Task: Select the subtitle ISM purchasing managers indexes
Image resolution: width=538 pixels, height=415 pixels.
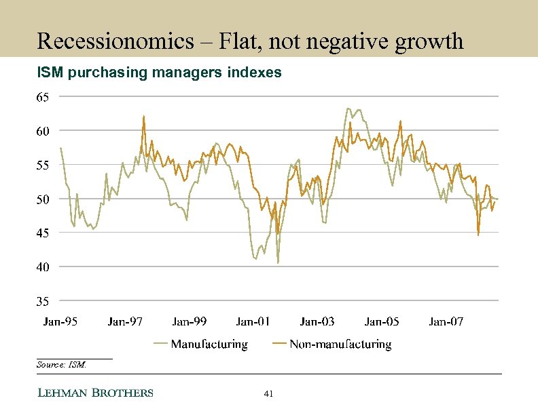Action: coord(159,72)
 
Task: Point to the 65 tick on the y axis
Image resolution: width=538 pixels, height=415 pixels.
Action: coord(42,98)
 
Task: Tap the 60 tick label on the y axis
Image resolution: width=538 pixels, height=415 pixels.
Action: coord(42,132)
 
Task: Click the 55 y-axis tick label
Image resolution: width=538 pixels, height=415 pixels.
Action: coord(42,165)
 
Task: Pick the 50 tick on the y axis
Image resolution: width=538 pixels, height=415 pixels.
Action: coord(42,199)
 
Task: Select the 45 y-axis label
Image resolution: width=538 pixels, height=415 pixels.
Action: coord(42,233)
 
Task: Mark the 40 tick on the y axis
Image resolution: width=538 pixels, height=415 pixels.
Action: coord(42,267)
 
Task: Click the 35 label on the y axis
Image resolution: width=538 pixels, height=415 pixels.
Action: coord(42,300)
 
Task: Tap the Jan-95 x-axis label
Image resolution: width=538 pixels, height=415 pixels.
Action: coord(61,321)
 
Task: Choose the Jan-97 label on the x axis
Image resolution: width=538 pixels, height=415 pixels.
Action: coord(125,321)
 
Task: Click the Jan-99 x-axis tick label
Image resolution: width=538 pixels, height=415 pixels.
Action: coord(190,321)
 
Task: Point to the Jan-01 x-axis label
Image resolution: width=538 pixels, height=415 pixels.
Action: coord(253,321)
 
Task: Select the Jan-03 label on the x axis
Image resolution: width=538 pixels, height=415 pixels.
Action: coord(317,321)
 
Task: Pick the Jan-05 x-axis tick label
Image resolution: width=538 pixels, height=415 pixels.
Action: coord(382,321)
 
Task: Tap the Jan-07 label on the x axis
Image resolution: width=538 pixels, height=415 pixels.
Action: coord(446,321)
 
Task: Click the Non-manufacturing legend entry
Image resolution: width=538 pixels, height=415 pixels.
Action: coord(340,344)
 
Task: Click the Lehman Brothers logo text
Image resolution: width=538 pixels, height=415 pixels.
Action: coord(94,393)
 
